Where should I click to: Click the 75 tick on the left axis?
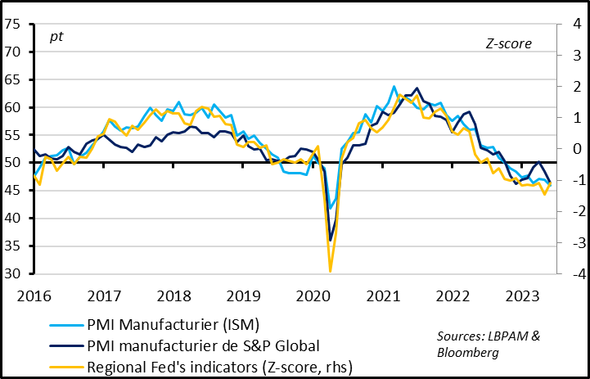(x=13, y=24)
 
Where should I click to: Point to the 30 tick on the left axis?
(x=13, y=273)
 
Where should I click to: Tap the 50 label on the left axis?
(x=13, y=163)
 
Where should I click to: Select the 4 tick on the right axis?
(x=572, y=24)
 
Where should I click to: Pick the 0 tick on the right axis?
(x=572, y=149)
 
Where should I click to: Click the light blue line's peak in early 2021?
(x=394, y=86)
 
